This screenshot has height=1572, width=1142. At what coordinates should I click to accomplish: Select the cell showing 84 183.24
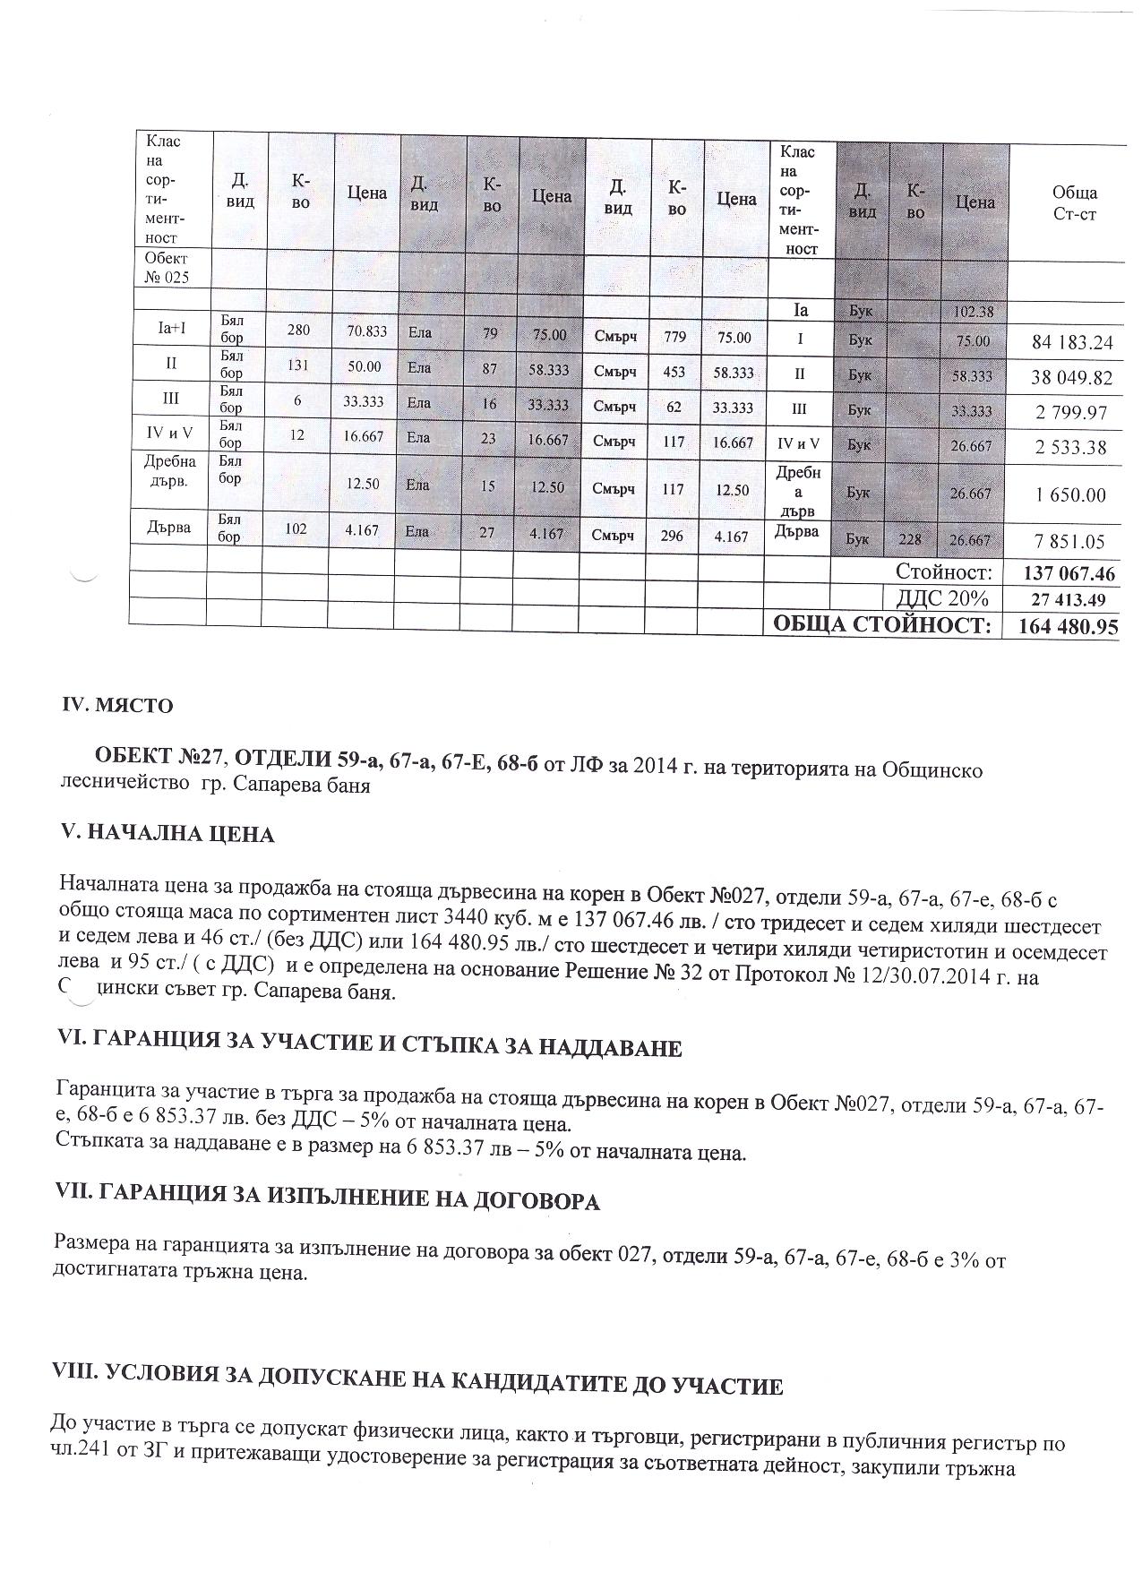coord(1071,342)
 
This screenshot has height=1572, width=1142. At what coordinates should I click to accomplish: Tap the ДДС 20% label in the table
coord(936,598)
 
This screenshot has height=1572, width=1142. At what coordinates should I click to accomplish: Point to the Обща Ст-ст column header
coord(1075,203)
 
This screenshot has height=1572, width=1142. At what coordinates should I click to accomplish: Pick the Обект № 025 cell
coord(166,268)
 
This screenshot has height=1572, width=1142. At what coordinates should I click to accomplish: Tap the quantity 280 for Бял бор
coord(298,331)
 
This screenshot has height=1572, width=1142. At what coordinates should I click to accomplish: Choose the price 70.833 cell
coord(366,331)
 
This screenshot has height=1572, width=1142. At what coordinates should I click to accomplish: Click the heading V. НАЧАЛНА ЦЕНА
coord(167,835)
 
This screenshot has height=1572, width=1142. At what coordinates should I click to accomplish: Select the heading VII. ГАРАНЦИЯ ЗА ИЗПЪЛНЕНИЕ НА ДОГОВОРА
coord(327,1200)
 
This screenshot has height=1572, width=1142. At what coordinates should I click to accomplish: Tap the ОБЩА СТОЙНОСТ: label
coord(882,625)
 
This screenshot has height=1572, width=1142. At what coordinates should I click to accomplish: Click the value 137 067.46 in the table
coord(1068,573)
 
